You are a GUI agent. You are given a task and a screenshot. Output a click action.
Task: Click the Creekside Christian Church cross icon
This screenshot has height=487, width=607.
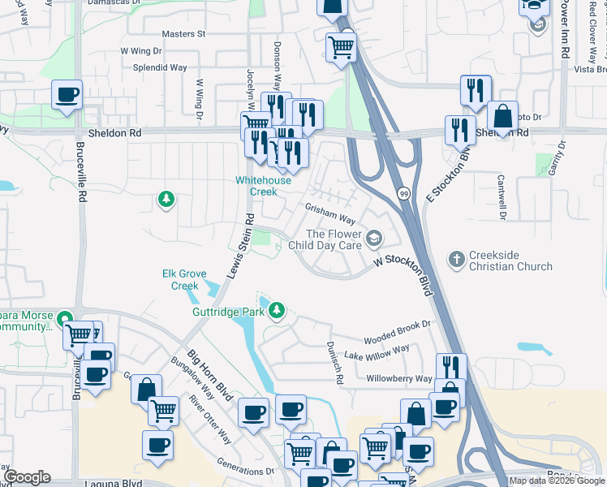(x=457, y=260)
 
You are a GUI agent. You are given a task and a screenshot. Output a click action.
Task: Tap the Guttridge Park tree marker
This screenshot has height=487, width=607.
(x=278, y=309)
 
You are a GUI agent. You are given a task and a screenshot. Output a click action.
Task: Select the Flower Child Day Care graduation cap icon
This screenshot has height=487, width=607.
(x=374, y=238)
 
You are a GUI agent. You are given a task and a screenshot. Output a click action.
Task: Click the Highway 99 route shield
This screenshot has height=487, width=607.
(x=403, y=194)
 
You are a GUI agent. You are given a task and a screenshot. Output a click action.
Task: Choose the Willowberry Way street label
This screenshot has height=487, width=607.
(x=399, y=378)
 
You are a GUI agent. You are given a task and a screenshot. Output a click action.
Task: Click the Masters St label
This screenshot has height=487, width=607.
(x=183, y=34)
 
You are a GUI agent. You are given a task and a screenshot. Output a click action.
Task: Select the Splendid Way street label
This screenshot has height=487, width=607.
(x=160, y=68)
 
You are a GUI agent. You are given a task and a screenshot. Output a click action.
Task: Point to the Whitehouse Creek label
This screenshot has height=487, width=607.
(x=263, y=186)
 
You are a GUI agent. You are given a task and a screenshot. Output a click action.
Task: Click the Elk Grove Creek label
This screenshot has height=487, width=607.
(x=185, y=279)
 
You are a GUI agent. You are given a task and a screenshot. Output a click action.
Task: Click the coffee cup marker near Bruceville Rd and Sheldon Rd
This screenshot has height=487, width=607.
(x=67, y=94)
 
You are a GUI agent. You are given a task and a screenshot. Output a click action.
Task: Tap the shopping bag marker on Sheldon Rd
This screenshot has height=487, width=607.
(x=502, y=117)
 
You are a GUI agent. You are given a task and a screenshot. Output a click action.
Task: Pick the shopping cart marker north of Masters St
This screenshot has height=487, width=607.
(x=341, y=47)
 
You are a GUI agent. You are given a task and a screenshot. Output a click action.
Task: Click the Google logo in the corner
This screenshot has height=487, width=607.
(x=27, y=477)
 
